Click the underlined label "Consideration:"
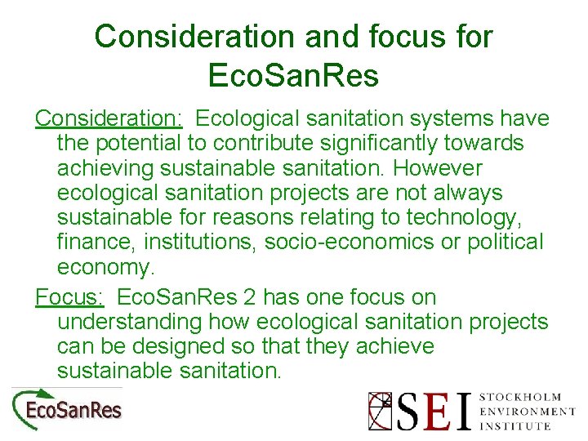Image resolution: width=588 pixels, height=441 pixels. (109, 118)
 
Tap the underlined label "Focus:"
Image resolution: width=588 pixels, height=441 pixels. (69, 297)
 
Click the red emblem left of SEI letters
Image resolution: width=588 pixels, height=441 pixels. (381, 411)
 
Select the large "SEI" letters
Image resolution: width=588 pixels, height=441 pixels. (434, 411)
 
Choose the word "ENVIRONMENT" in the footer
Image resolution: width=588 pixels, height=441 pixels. (527, 412)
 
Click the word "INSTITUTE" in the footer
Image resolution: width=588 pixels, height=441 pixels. (515, 425)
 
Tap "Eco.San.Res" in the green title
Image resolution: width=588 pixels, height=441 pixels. (293, 75)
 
